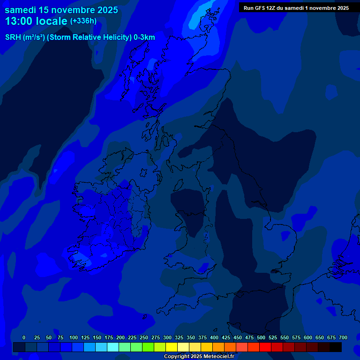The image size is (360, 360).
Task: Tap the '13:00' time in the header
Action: click(x=21, y=21)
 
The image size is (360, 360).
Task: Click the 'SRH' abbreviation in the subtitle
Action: click(x=13, y=37)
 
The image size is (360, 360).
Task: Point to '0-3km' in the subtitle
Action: click(x=144, y=37)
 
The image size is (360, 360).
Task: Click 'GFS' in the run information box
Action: click(x=261, y=8)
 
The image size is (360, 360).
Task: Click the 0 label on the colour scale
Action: click(x=24, y=337)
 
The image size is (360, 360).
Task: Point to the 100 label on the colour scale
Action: click(x=73, y=337)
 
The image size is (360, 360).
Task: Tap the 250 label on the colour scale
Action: click(x=143, y=337)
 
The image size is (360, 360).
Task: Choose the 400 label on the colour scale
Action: click(x=214, y=337)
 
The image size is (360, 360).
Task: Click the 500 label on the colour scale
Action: click(x=261, y=337)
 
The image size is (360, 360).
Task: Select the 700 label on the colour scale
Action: click(x=343, y=337)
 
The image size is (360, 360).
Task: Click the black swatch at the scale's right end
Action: click(x=336, y=347)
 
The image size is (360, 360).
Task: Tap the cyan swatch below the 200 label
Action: click(x=113, y=347)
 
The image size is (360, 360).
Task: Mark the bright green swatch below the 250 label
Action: click(x=148, y=347)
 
